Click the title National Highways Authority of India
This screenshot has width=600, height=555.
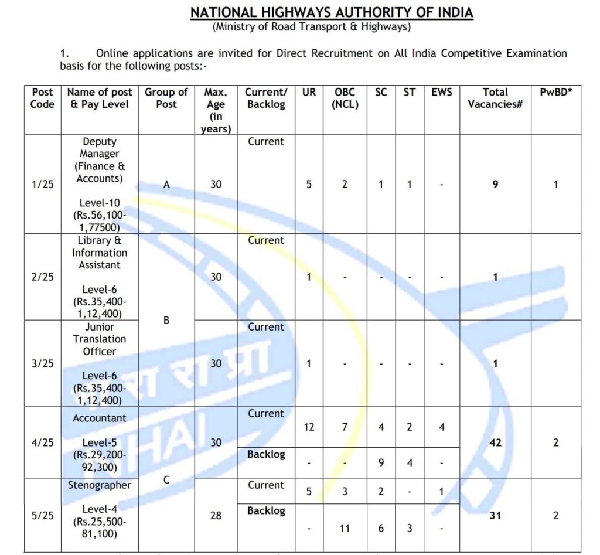pos(332,12)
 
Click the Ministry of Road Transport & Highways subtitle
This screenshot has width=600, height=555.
pos(312,27)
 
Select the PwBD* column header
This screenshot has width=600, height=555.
pos(555,92)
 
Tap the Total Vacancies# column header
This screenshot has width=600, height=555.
pos(495,98)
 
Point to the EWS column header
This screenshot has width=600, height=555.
pos(442,92)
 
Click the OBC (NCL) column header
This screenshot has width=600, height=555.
pos(345,98)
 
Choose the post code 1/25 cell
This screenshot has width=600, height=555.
pos(43,185)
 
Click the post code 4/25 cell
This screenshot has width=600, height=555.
pos(43,442)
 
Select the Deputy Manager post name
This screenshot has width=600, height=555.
pos(99,148)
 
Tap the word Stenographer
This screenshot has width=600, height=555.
pos(99,485)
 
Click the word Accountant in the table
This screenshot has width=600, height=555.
pos(99,418)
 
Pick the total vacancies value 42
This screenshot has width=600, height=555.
pos(495,442)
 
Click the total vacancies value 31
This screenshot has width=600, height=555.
pos(495,516)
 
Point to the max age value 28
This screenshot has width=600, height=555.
pos(216,516)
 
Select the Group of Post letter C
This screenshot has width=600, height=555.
pos(166,479)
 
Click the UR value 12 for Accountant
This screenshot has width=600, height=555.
pos(309,427)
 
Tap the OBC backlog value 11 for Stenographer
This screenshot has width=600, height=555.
pos(345,528)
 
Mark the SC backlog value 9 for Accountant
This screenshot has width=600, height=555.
pos(381,463)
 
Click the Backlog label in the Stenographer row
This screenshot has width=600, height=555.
pos(266,511)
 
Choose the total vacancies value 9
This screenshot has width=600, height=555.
pos(495,185)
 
